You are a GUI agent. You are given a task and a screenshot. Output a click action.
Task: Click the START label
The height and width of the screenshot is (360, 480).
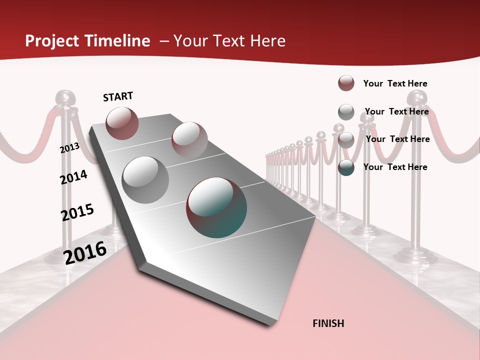118,96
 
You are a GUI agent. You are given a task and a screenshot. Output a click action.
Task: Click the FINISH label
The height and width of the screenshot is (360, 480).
328,323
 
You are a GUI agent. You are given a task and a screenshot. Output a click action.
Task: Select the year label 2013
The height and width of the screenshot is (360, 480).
69,148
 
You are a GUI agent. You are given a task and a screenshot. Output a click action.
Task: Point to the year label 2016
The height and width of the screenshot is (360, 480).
85,253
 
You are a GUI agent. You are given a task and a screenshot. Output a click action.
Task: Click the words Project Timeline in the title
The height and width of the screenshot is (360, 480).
87,41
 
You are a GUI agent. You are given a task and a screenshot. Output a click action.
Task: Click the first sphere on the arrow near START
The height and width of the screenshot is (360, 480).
122,123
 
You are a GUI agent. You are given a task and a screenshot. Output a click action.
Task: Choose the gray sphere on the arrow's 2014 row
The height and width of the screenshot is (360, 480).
145,179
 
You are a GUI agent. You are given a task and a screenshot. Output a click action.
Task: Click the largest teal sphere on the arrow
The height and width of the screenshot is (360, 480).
216,207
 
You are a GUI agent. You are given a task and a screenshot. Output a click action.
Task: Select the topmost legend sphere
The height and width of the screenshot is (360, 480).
346,83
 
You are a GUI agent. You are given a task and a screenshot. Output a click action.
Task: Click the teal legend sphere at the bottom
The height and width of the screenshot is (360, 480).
346,167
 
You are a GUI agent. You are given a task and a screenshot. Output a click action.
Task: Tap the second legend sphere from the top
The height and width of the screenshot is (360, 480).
346,111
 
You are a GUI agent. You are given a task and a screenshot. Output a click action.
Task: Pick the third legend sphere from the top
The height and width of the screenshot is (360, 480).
346,139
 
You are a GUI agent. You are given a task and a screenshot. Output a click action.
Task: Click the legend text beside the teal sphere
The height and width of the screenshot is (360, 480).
395,167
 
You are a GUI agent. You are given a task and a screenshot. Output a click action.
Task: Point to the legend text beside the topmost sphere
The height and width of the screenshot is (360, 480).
395,83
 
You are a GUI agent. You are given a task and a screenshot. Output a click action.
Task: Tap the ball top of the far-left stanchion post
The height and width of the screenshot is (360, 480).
65,97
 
